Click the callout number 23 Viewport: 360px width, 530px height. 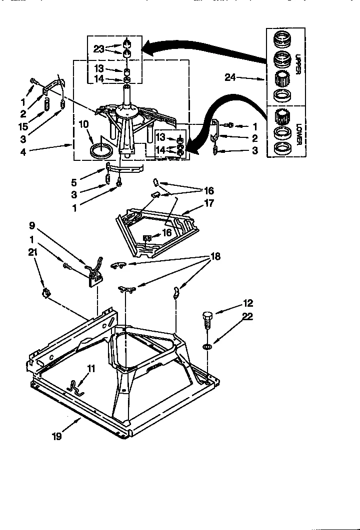click(x=99, y=49)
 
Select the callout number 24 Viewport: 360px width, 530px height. click(x=230, y=78)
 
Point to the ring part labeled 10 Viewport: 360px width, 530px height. click(x=100, y=151)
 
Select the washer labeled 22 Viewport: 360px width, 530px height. click(x=207, y=346)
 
